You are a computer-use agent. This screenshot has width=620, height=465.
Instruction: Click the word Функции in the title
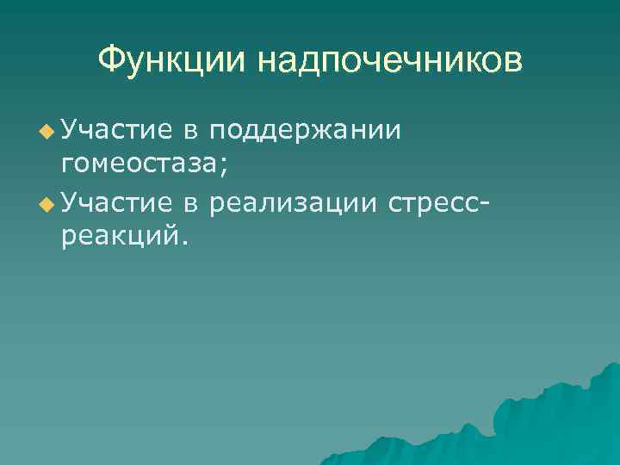click(172, 61)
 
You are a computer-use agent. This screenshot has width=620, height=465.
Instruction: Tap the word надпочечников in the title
click(389, 61)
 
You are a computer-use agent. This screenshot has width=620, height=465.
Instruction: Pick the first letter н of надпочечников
click(265, 63)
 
